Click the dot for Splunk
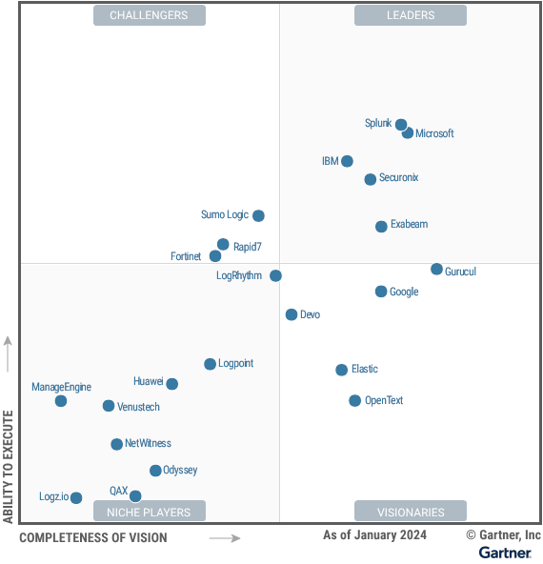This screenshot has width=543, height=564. point(401,125)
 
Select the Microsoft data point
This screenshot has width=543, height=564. point(408,132)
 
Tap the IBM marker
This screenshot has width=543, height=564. point(347,161)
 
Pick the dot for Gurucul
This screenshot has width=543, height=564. point(436,270)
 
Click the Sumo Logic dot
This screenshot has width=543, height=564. point(258,215)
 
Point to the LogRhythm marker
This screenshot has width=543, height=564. point(275,275)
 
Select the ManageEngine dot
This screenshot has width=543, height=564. point(61,401)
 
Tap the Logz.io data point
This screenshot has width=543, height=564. point(76,497)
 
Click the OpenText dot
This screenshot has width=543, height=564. point(354,401)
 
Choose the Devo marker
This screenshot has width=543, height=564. point(292,314)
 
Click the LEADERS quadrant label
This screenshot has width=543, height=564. point(411,15)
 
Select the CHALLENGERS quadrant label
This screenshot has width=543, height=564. point(149,15)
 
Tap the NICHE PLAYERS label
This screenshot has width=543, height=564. point(149,512)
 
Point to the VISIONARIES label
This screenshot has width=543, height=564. point(411,512)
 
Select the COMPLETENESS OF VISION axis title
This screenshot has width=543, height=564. point(92,538)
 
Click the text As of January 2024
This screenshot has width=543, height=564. point(374,535)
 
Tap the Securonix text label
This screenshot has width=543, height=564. point(398,178)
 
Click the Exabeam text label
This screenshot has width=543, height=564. point(409,225)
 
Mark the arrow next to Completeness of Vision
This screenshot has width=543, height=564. point(225,538)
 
